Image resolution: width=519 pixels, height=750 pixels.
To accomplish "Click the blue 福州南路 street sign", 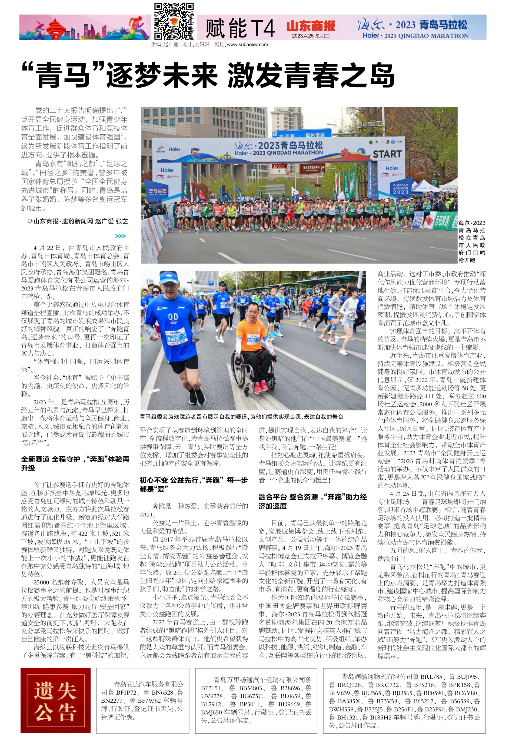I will coord(315,135).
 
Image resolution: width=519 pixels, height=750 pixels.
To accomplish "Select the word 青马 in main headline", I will coord(62,75).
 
